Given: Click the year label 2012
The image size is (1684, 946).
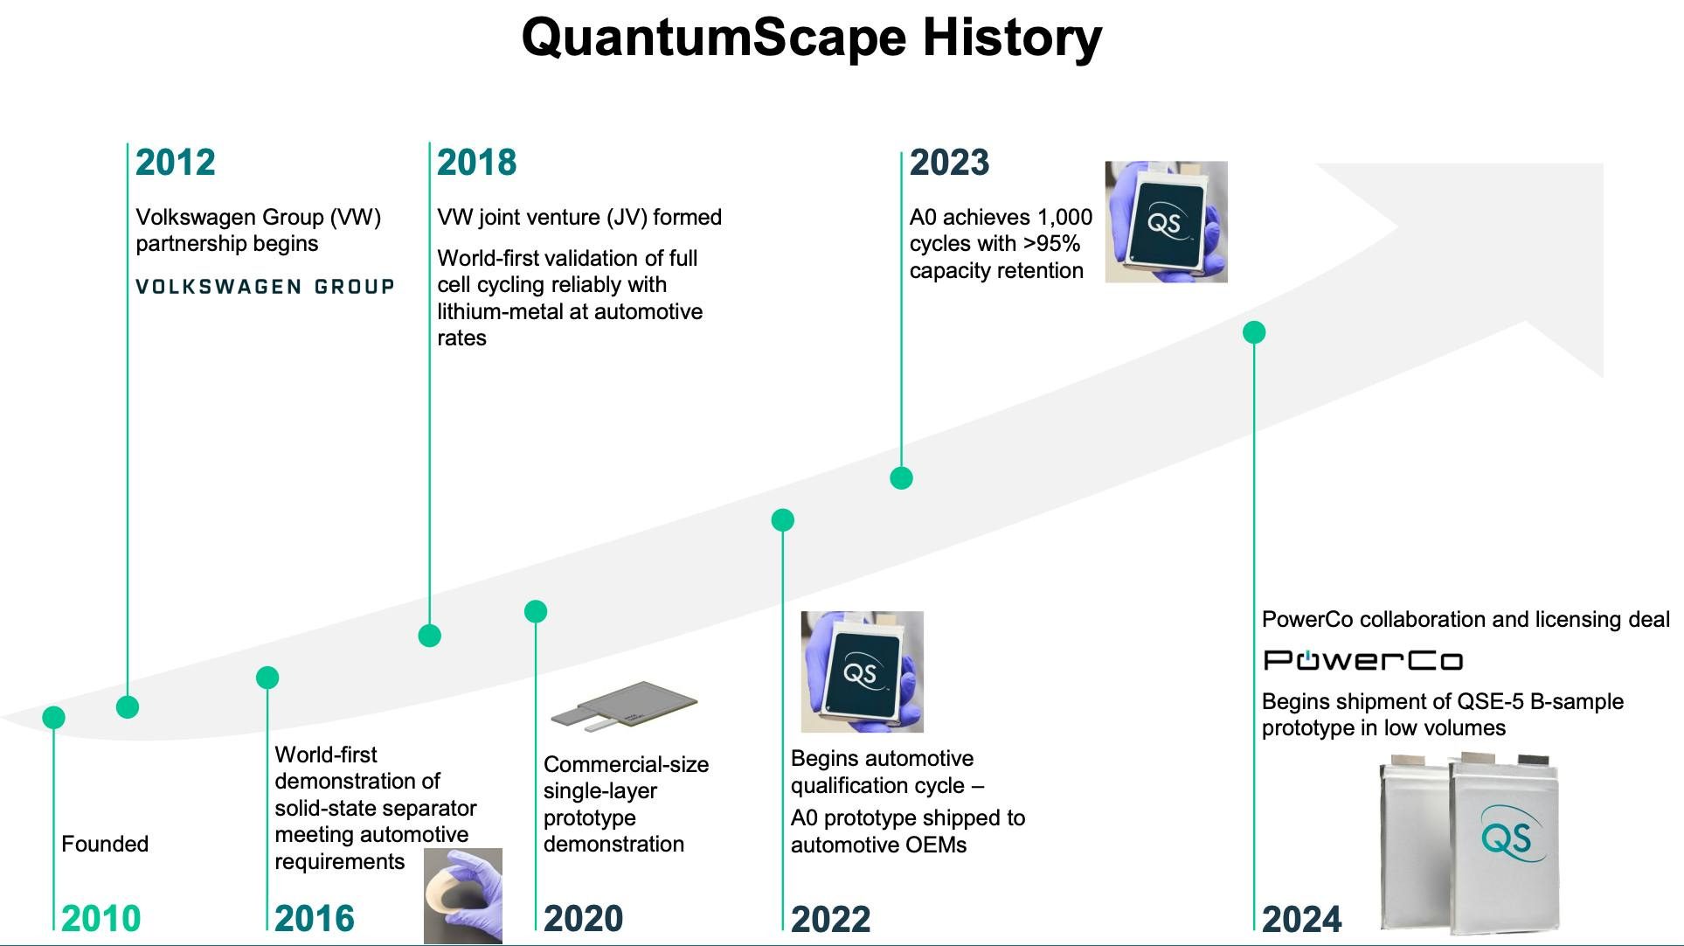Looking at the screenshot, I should point(175,163).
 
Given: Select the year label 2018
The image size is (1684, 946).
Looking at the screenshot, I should point(476,163).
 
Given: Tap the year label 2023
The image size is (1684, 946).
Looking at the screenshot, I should point(949,163).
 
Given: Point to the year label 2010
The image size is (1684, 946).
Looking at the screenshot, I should point(101,918).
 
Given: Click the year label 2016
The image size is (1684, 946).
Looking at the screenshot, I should point(315,918).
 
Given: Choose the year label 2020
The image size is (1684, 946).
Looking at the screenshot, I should point(584,918).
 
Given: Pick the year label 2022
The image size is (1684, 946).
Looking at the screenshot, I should point(831,918).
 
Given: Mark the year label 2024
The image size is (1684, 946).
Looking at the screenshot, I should point(1302,918).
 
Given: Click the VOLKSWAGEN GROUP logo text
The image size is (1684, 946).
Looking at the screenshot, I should point(265,287).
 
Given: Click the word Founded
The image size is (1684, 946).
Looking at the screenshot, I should point(105,844).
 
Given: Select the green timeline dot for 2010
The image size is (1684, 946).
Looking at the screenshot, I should point(53,718).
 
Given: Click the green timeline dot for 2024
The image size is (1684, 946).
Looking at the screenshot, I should point(1254,332).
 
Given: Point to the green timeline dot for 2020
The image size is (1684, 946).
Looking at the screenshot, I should point(536,611).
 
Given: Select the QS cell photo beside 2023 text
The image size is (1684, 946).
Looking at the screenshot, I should point(1166,221).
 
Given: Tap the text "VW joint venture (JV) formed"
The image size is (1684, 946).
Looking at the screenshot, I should point(579,217).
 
